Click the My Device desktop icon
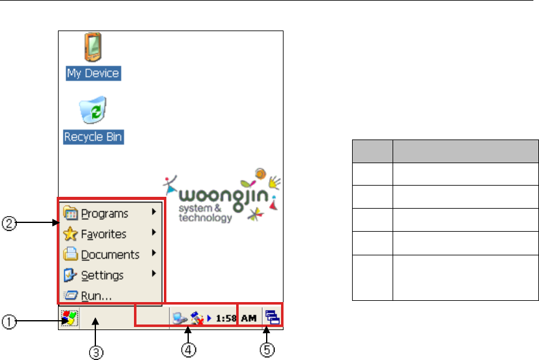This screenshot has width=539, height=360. click(93, 48)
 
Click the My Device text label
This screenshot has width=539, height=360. click(93, 73)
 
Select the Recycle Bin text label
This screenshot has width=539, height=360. click(93, 136)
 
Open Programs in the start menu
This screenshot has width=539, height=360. click(104, 214)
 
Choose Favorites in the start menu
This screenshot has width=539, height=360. click(103, 234)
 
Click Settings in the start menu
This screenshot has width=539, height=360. click(102, 275)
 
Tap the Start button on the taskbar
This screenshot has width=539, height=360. click(69, 319)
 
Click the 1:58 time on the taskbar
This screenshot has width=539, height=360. click(226, 319)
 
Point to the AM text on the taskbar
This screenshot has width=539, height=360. click(249, 319)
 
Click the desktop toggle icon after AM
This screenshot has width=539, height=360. click(273, 319)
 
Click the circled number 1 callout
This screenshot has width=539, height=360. click(9, 322)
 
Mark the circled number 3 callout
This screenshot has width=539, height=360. click(96, 352)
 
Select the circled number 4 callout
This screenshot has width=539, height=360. click(186, 351)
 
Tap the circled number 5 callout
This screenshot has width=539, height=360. click(267, 351)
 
